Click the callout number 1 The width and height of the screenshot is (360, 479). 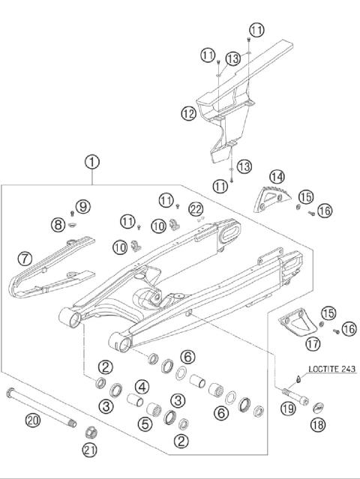coord(92,160)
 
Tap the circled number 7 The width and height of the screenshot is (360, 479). coord(25,259)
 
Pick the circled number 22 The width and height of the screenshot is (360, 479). coord(196,208)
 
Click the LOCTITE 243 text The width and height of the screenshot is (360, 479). coord(330,369)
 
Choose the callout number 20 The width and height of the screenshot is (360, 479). coord(32,421)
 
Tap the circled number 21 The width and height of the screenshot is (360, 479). coord(91,450)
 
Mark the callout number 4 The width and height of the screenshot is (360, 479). coord(141,388)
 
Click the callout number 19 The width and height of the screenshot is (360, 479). coord(287,409)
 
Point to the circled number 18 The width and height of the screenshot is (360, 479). coord(318,425)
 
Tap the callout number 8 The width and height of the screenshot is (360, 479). coord(58,223)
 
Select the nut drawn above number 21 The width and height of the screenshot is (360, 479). coord(91,432)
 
